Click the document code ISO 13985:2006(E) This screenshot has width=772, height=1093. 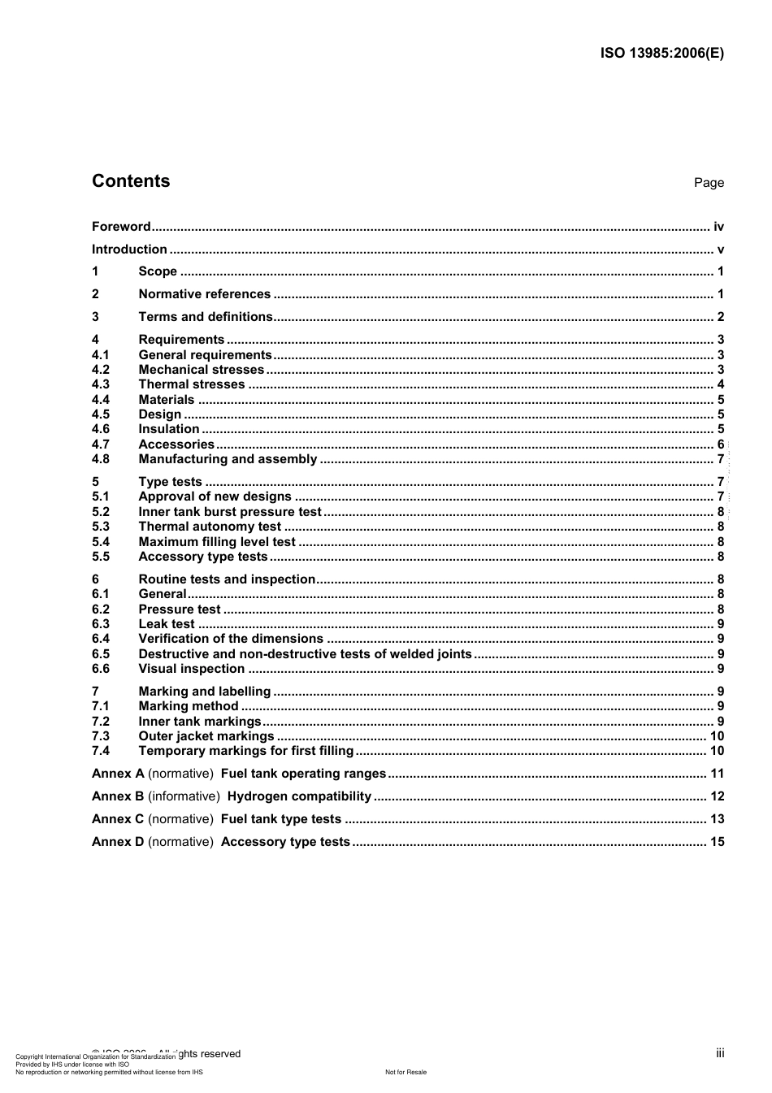pos(661,54)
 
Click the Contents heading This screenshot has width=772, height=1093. pos(131,181)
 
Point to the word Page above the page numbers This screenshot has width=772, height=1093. pos(709,183)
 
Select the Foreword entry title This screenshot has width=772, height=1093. pos(121,227)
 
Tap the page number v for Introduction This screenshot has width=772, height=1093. pos(720,249)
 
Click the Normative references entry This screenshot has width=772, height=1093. pos(204,294)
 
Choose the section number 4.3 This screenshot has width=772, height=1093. pos(101,384)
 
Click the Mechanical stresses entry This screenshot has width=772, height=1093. pos(201,370)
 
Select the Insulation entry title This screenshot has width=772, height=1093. pos(168,429)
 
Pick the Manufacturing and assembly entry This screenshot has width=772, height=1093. pos(228,459)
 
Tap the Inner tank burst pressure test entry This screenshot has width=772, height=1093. pos(230,512)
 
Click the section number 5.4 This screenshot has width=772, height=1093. pos(101,542)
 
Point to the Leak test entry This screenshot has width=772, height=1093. pos(167,624)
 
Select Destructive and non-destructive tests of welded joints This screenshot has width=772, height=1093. pos(305,654)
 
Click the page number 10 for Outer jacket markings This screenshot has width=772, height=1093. pos(717,736)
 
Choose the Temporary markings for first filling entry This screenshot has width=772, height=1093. pos(246,751)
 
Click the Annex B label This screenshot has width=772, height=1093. pos(118,796)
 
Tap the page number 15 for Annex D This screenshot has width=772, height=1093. pos(717,842)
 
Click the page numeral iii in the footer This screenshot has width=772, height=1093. pos(720,1053)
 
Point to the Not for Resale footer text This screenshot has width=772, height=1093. pos(406,1072)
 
